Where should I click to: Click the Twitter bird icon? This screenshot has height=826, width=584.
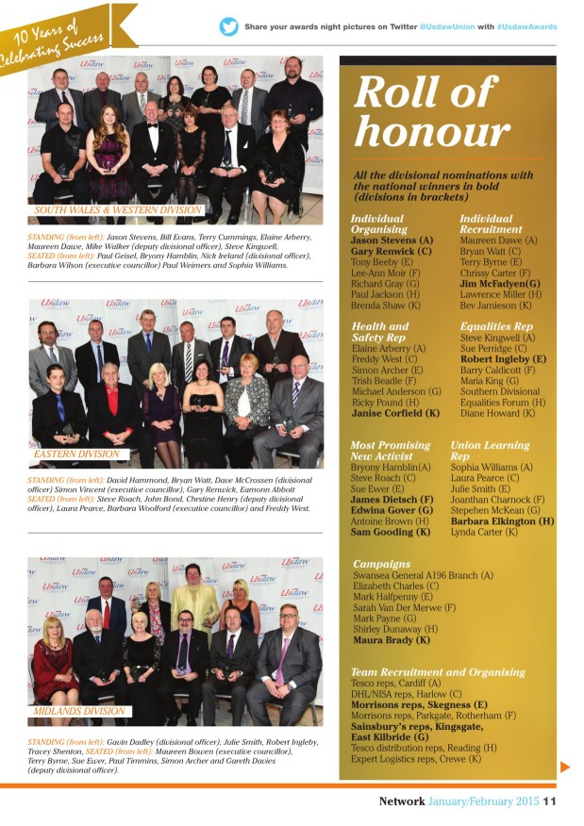pyautogui.click(x=229, y=26)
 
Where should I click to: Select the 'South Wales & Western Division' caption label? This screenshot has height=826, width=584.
pyautogui.click(x=118, y=209)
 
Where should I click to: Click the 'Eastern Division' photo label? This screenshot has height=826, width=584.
pyautogui.click(x=76, y=454)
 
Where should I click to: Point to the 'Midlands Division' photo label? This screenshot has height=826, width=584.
pyautogui.click(x=79, y=711)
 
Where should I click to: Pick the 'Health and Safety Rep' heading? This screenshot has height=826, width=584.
pyautogui.click(x=381, y=332)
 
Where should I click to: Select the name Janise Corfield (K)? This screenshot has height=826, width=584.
pyautogui.click(x=395, y=413)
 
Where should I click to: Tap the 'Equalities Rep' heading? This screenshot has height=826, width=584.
pyautogui.click(x=496, y=326)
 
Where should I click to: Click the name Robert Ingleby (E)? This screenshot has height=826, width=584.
pyautogui.click(x=503, y=359)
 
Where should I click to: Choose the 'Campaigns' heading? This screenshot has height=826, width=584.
pyautogui.click(x=381, y=564)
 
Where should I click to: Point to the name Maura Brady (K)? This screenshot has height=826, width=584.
pyautogui.click(x=391, y=639)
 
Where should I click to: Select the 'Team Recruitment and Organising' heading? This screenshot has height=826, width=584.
pyautogui.click(x=438, y=671)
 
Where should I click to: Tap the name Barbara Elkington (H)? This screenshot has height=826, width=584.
pyautogui.click(x=502, y=520)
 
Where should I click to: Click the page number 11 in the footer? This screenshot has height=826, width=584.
pyautogui.click(x=549, y=801)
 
